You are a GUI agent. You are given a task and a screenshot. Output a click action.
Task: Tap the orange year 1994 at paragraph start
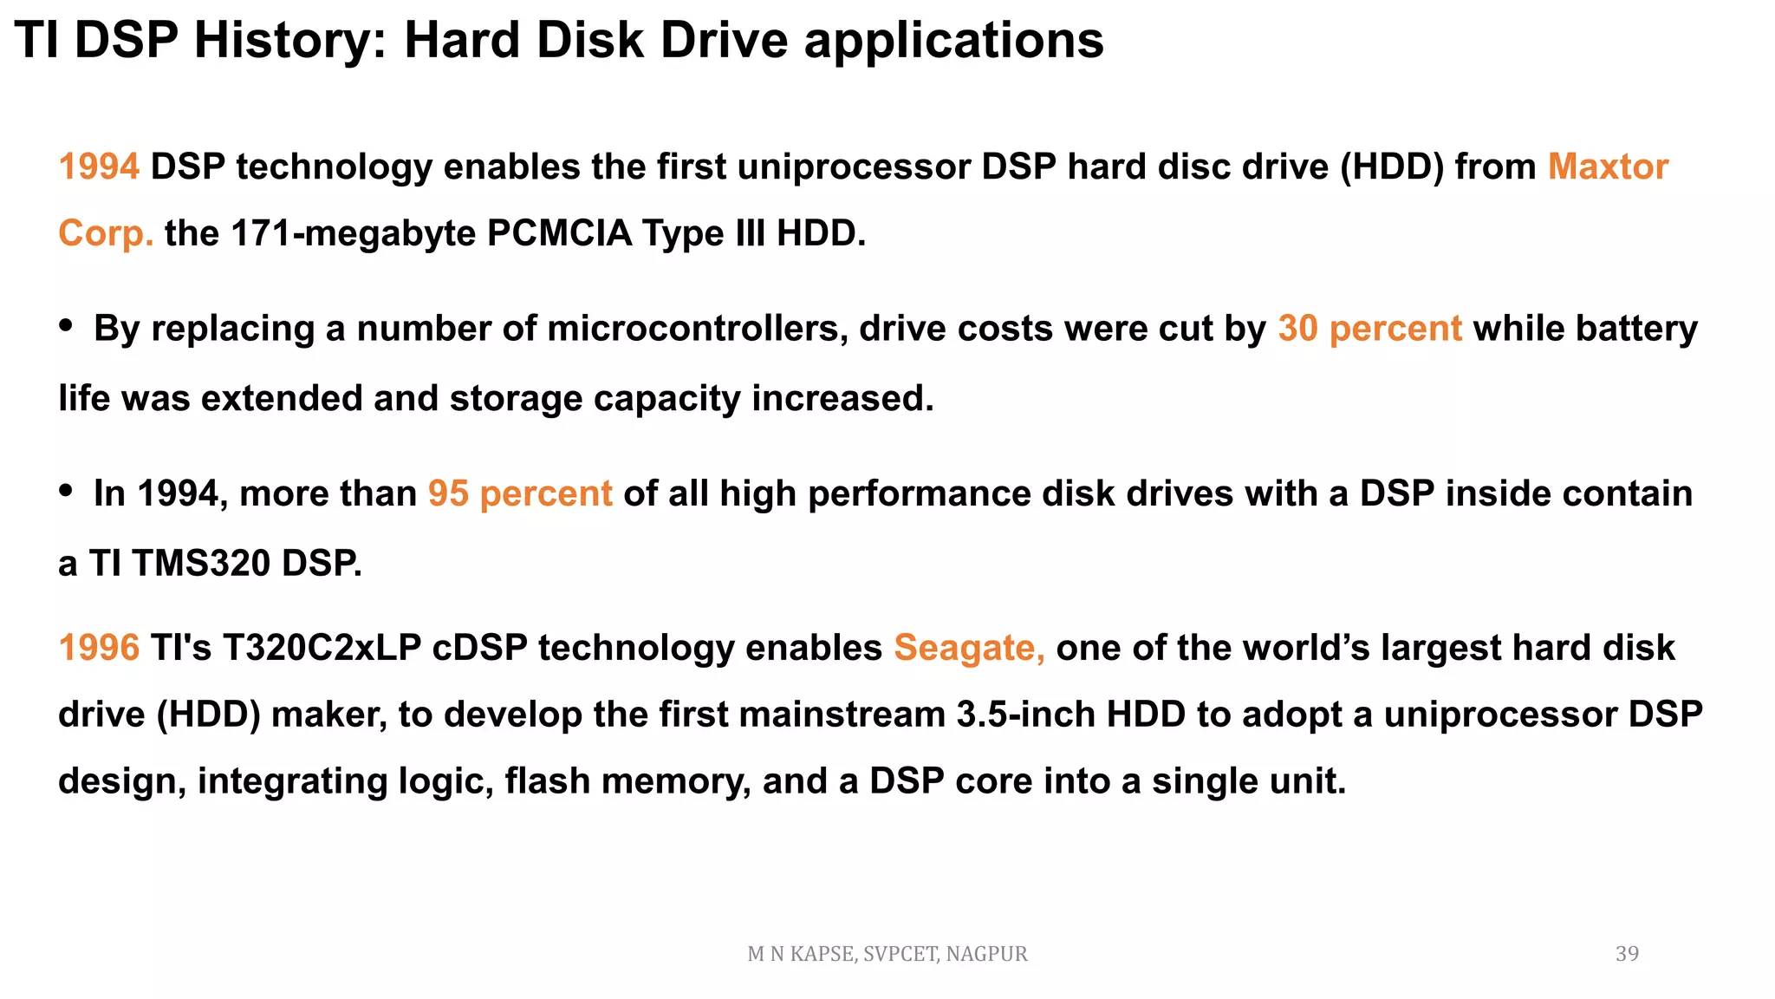pyautogui.click(x=99, y=166)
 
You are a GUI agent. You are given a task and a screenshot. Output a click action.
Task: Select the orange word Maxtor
pyautogui.click(x=1608, y=166)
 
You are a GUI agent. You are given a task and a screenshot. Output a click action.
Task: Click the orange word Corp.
pyautogui.click(x=106, y=233)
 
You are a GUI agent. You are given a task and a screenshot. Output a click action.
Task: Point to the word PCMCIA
pyautogui.click(x=559, y=233)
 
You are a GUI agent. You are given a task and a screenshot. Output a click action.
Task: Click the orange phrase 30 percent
pyautogui.click(x=1369, y=329)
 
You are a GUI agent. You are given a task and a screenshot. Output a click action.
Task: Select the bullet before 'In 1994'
pyautogui.click(x=66, y=491)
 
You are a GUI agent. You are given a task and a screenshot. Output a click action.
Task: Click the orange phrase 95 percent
pyautogui.click(x=520, y=493)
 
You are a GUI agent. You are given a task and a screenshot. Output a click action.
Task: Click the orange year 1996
pyautogui.click(x=99, y=648)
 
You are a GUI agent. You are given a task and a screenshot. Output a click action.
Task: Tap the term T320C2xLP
pyautogui.click(x=322, y=648)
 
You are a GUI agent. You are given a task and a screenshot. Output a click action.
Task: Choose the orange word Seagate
pyautogui.click(x=969, y=648)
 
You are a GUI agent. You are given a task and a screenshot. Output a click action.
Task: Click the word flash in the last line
pyautogui.click(x=548, y=780)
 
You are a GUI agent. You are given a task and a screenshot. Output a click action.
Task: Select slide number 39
pyautogui.click(x=1627, y=954)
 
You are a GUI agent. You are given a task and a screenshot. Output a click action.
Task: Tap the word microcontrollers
pyautogui.click(x=698, y=329)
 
